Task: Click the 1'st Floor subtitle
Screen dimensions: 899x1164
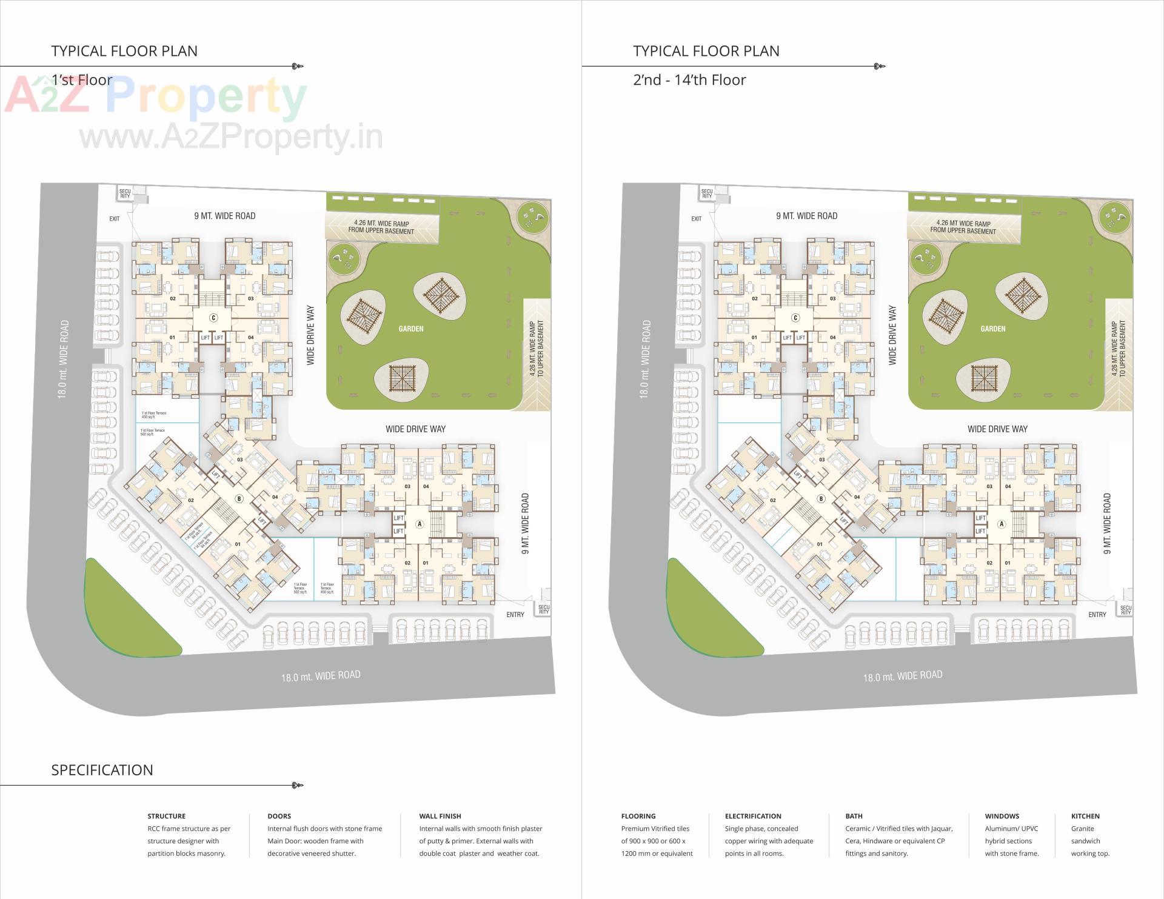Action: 82,80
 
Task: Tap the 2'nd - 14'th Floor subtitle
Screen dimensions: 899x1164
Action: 689,80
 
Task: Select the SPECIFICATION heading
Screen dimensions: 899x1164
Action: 102,770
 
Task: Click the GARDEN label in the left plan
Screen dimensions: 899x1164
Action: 411,329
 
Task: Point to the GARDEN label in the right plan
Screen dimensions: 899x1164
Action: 993,329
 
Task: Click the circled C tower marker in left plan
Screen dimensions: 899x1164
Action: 213,318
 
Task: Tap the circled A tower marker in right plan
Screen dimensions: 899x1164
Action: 1002,524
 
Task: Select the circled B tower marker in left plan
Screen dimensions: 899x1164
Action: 239,499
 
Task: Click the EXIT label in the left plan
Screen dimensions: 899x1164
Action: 115,219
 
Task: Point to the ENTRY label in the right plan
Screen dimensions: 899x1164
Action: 1097,615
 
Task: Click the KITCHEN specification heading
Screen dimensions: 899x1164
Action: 1085,816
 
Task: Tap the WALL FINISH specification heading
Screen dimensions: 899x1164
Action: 440,816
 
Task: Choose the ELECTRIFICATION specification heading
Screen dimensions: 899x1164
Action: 753,816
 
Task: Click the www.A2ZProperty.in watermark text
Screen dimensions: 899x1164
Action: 231,138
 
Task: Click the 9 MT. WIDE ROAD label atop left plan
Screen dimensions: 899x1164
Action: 225,216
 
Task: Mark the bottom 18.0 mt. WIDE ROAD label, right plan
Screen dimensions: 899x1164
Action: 903,675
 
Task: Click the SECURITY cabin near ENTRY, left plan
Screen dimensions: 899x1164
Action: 544,609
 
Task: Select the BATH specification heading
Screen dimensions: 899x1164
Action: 854,816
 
